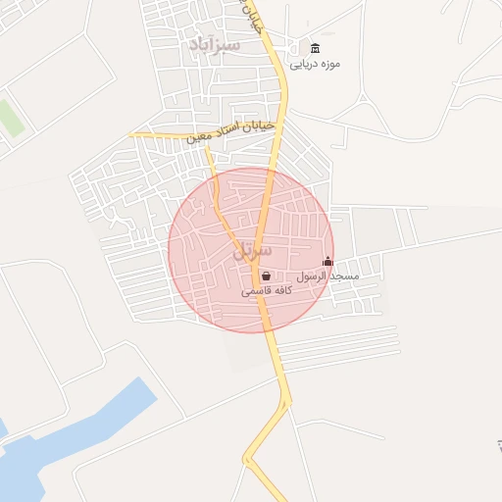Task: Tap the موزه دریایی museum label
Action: pyautogui.click(x=315, y=65)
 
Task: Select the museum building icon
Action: pyautogui.click(x=315, y=49)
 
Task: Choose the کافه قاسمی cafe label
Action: pyautogui.click(x=264, y=291)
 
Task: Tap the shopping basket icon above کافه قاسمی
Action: pyautogui.click(x=266, y=276)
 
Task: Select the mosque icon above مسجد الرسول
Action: pyautogui.click(x=327, y=262)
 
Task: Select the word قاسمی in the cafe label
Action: pyautogui.click(x=254, y=292)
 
